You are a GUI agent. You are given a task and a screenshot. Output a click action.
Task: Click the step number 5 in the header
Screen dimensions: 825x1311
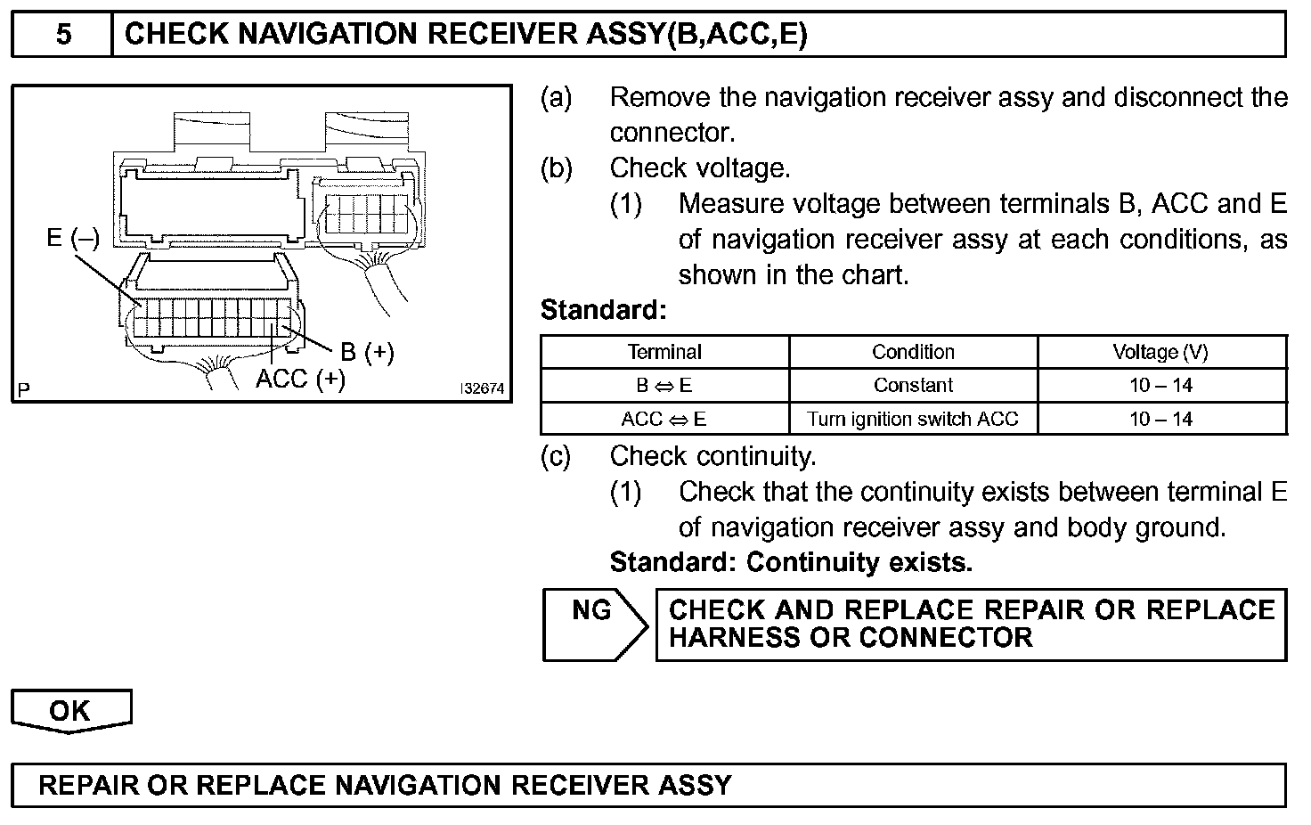(x=63, y=34)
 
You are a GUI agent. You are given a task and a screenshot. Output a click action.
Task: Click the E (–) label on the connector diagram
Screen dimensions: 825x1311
(x=73, y=238)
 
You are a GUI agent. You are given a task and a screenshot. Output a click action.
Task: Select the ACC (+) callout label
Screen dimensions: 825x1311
(x=299, y=379)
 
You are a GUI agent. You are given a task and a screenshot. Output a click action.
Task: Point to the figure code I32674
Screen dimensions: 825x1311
(x=482, y=389)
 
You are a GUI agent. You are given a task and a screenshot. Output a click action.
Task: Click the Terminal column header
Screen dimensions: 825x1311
(x=664, y=352)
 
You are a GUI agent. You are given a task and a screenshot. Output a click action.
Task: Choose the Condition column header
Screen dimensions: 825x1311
(x=913, y=352)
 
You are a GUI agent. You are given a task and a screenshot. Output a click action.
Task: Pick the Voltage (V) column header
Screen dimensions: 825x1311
(x=1160, y=352)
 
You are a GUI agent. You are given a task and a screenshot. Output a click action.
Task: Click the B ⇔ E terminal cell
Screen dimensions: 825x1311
(x=664, y=386)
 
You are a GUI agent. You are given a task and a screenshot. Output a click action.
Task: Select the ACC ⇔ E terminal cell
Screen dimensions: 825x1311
(x=664, y=419)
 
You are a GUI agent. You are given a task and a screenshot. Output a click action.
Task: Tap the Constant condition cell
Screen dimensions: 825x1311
(x=913, y=386)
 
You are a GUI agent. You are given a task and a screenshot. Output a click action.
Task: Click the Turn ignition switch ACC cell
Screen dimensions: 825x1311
(x=913, y=419)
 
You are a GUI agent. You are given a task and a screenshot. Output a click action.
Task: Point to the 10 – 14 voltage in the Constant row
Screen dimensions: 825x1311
(x=1160, y=386)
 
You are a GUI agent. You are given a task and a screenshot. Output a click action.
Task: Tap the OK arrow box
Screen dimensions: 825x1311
(x=70, y=710)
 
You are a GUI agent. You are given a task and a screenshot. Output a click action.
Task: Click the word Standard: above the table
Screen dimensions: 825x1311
(x=603, y=310)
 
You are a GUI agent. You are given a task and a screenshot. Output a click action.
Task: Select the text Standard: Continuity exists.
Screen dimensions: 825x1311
(x=791, y=562)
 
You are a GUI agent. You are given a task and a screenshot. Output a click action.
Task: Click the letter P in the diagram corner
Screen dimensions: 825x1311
(x=23, y=389)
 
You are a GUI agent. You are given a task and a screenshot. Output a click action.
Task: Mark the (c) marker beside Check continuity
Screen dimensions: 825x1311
(x=556, y=456)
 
